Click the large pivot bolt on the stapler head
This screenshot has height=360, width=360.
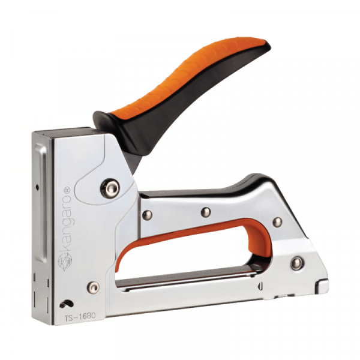pyautogui.click(x=110, y=188)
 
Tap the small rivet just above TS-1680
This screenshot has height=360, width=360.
pyautogui.click(x=94, y=287)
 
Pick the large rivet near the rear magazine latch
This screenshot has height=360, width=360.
pyautogui.click(x=297, y=263)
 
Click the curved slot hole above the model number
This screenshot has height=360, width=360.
pyautogui.click(x=67, y=304)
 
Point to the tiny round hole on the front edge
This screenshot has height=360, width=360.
pyautogui.click(x=37, y=188)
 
